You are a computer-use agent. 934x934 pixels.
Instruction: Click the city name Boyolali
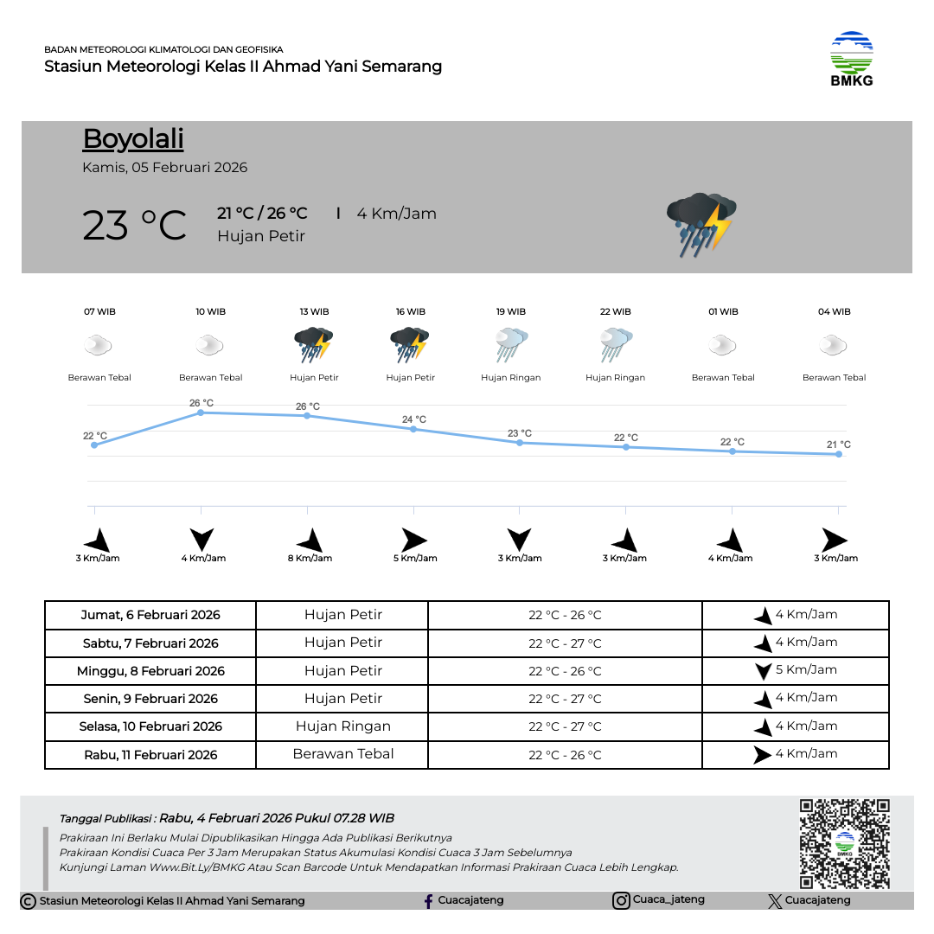click(133, 139)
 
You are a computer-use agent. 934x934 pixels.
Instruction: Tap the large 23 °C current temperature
click(135, 226)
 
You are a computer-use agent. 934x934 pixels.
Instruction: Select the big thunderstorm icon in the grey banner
click(700, 224)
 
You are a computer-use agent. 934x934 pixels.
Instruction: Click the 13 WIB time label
click(314, 311)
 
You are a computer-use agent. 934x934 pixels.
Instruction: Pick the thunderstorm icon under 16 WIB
click(410, 344)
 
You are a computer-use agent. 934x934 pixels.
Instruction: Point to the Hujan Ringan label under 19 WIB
click(510, 378)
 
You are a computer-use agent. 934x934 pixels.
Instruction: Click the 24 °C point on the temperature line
click(413, 429)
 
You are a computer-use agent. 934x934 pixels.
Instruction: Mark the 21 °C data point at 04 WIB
click(838, 454)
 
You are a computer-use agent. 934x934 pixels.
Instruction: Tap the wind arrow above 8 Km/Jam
click(310, 541)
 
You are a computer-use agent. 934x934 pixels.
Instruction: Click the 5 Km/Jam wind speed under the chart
click(415, 559)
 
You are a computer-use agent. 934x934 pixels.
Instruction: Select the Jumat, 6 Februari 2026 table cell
click(150, 616)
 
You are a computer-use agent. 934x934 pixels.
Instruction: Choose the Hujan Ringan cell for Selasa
click(343, 726)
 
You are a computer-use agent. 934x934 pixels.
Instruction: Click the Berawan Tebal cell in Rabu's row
click(343, 754)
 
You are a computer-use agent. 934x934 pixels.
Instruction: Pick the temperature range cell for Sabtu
click(565, 643)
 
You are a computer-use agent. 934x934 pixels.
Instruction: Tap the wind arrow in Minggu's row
click(763, 671)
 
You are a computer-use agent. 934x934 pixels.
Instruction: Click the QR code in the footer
click(844, 843)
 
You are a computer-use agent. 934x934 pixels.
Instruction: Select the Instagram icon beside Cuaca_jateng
click(621, 901)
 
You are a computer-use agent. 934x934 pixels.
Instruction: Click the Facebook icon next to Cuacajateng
click(428, 901)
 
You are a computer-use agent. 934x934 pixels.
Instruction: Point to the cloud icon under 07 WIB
click(98, 347)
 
